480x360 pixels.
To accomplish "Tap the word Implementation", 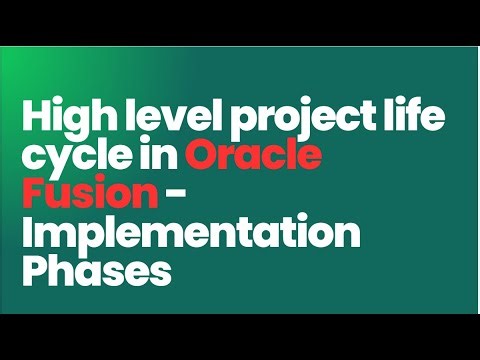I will click(x=189, y=234).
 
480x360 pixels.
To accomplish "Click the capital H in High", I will click(x=37, y=122).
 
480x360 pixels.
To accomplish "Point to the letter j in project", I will click(x=291, y=125).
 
